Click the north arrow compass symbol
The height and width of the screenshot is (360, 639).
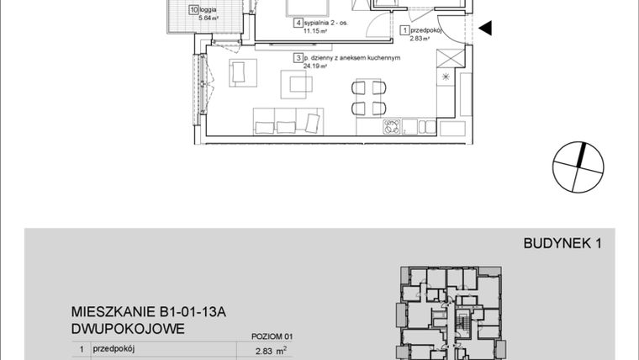pyautogui.click(x=580, y=167)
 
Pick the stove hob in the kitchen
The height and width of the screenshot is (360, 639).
pyautogui.click(x=391, y=127)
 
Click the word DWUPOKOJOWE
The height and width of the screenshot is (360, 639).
pyautogui.click(x=127, y=329)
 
